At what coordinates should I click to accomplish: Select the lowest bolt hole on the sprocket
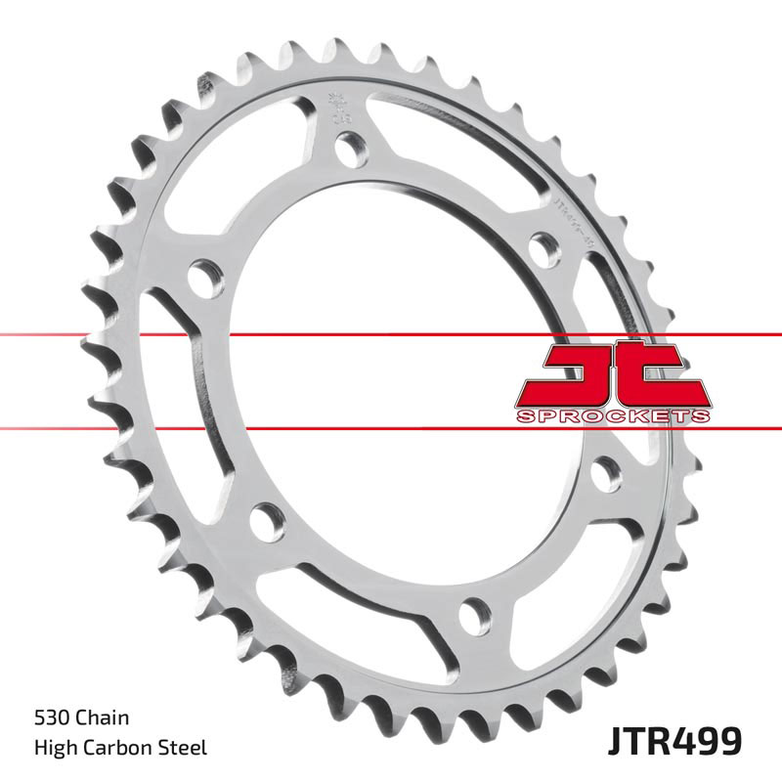point(472,613)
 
